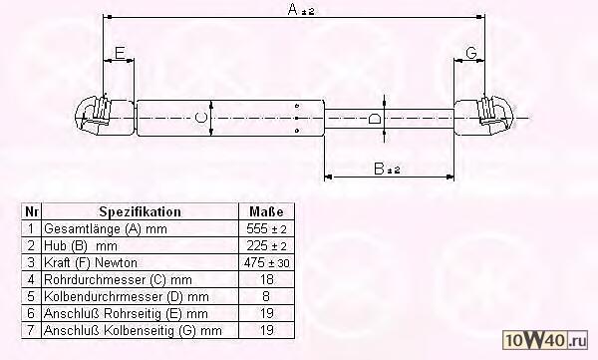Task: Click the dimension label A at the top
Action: tap(301, 10)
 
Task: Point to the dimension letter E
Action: tap(120, 52)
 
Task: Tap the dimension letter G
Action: tap(471, 52)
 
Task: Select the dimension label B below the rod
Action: tap(387, 169)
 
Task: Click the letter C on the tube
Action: tap(201, 118)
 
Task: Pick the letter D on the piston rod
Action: tap(375, 119)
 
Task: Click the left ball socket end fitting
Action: tap(94, 115)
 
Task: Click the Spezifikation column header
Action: tap(140, 211)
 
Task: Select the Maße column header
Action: tap(266, 211)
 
